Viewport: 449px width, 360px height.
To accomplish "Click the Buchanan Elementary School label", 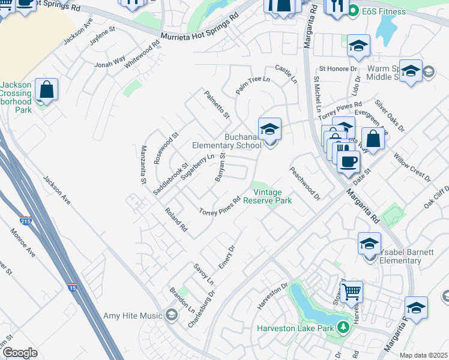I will coord(227,141).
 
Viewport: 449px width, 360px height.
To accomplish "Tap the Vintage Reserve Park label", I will coord(272,196).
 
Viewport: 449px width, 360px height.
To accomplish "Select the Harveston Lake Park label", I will coord(295,328).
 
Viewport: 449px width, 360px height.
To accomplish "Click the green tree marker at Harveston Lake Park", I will coord(343,328).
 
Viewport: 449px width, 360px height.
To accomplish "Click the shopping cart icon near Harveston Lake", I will coord(352,292).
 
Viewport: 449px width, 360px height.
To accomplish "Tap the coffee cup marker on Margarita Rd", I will coord(348,161).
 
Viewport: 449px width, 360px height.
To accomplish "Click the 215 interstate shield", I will coord(26,221).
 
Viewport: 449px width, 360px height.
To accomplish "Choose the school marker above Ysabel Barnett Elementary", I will coord(369,244).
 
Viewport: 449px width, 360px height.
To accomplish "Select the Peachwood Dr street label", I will coord(305,184).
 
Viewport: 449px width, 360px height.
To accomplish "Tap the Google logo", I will coord(20,353).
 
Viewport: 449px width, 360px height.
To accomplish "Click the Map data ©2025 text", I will coord(423,355).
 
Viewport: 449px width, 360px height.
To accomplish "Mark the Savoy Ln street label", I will coord(203,274).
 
